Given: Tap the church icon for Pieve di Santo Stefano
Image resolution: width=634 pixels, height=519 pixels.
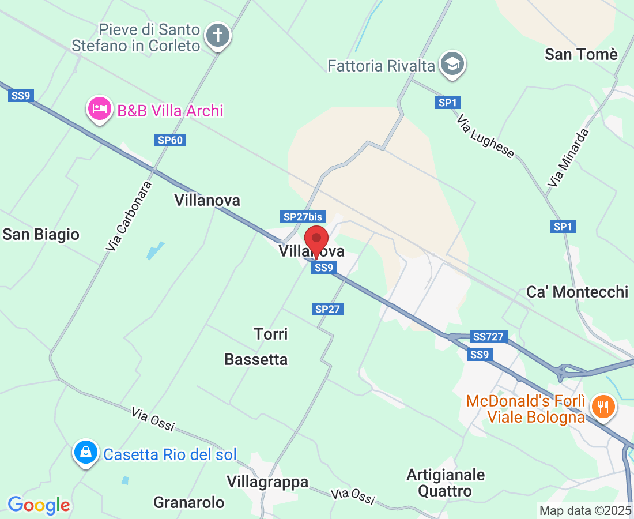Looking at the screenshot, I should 218,36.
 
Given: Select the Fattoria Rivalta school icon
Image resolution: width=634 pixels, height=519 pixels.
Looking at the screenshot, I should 452,65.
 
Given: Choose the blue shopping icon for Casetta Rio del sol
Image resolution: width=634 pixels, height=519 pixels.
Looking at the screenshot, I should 86,453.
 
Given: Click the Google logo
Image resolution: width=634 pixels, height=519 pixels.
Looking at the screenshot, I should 39,505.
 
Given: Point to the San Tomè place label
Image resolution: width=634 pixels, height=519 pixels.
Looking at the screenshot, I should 581,55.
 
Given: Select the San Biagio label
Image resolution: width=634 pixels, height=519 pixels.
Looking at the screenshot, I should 41,234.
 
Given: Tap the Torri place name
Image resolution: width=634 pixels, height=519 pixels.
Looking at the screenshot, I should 271,334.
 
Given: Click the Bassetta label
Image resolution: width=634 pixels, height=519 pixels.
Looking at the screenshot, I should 256,359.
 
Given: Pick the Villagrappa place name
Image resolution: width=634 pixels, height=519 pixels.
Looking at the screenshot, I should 267,482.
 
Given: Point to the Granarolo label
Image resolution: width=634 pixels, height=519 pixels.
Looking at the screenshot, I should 188,502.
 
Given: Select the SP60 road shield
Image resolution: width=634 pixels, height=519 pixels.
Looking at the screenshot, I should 171,140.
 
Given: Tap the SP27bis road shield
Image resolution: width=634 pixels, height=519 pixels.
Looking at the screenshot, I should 303,217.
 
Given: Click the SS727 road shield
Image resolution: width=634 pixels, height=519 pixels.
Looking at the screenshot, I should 488,337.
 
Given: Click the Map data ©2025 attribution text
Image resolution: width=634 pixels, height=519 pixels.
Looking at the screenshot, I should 585,510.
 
